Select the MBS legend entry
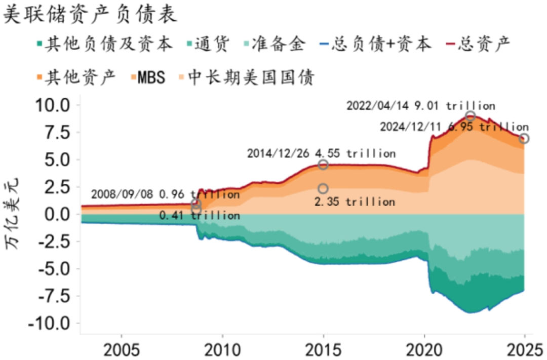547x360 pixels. tap(147, 77)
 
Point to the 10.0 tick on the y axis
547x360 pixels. tap(53, 105)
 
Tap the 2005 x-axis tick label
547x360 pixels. tap(122, 350)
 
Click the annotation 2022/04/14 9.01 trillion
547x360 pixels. tap(420, 106)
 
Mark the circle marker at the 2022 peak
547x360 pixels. tap(471, 116)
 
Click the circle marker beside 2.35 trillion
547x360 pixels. tap(323, 189)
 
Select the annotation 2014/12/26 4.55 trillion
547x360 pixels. tap(321, 153)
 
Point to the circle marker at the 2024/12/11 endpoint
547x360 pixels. tap(524, 138)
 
